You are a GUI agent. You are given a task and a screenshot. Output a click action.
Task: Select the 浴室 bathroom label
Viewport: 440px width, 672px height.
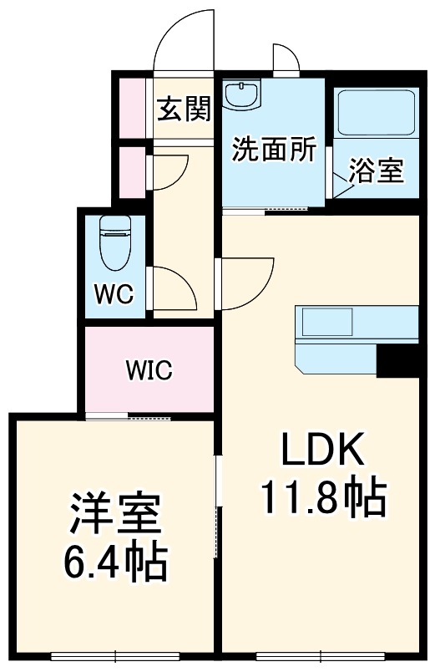pos(377,171)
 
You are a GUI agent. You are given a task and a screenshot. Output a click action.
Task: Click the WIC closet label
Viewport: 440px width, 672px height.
pos(149,369)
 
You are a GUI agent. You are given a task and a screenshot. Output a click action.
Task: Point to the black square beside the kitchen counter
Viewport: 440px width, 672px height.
pos(397,360)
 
